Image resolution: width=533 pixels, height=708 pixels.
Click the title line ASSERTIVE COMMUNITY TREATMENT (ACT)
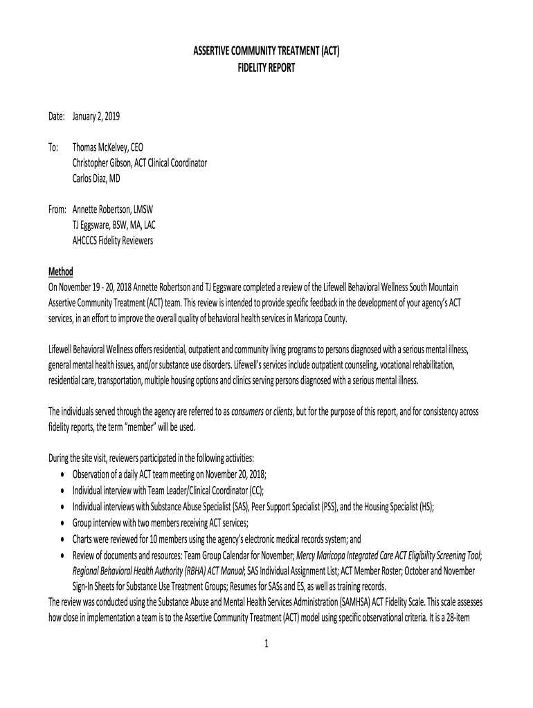coord(266,52)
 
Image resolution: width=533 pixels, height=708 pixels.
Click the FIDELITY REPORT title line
coord(266,68)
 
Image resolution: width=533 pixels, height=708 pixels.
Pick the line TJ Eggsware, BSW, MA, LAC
coord(119,225)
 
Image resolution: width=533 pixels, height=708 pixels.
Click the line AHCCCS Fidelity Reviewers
coord(113,241)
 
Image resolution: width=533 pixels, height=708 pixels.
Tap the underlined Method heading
coord(60,271)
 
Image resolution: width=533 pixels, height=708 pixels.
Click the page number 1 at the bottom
coord(266,644)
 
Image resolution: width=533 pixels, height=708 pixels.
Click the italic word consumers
coord(250,411)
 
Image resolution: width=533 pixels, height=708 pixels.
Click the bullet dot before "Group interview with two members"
coord(63,524)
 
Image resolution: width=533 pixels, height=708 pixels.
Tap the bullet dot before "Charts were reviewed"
coord(63,540)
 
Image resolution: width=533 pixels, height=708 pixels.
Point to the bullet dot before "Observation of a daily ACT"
coord(63,474)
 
